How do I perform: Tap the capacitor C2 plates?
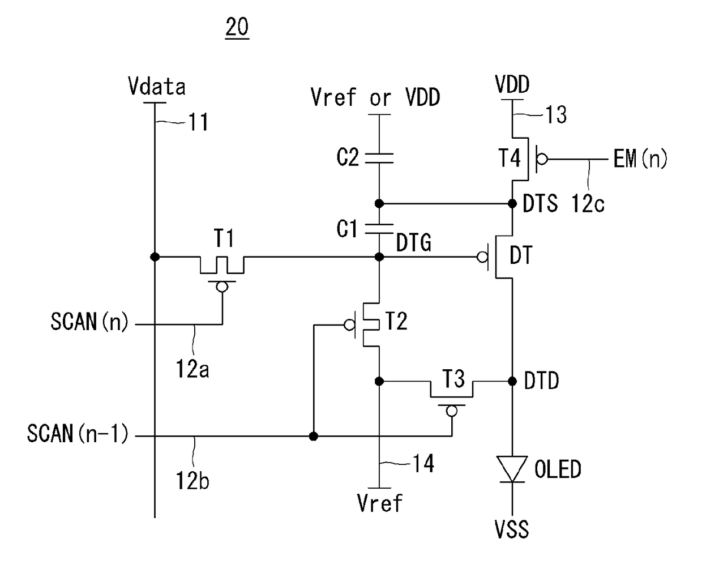(379, 158)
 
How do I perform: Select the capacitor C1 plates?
(379, 229)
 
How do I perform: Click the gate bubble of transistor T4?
(542, 159)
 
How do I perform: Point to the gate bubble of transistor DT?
(482, 257)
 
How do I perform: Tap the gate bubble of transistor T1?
(222, 287)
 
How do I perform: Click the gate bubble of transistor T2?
(350, 325)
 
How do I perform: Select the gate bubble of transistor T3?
(452, 411)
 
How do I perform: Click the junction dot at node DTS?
(512, 204)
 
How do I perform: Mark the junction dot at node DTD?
(512, 381)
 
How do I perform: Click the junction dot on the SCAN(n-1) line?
(314, 436)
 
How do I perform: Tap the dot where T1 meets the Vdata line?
(155, 257)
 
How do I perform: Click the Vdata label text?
(157, 86)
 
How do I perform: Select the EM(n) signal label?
(640, 159)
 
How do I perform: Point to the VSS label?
(512, 529)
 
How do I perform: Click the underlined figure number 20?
(237, 27)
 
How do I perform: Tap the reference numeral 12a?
(192, 369)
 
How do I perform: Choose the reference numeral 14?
(423, 463)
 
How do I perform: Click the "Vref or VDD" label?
(375, 97)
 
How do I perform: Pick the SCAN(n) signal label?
(89, 322)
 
